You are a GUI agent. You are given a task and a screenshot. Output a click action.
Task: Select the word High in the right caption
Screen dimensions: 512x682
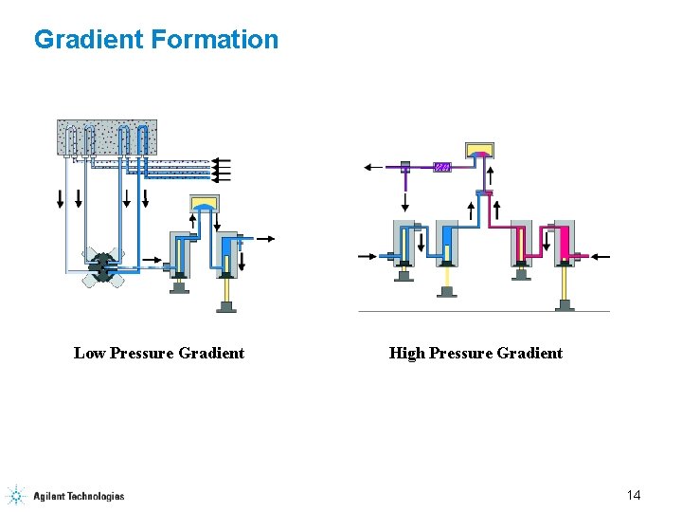pyautogui.click(x=406, y=353)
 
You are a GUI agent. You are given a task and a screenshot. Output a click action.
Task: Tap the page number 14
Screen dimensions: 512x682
pyautogui.click(x=634, y=495)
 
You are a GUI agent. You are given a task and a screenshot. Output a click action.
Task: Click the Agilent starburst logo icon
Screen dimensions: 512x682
pyautogui.click(x=16, y=495)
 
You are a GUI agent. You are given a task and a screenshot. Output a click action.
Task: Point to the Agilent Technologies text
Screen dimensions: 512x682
pyautogui.click(x=79, y=496)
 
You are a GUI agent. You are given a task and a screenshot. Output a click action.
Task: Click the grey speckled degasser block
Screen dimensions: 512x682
pyautogui.click(x=107, y=137)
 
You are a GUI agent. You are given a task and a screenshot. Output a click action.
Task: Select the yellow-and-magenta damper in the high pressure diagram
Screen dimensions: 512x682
pyautogui.click(x=480, y=150)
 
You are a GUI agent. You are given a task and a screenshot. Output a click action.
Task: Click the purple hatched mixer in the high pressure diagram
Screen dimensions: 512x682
pyautogui.click(x=441, y=168)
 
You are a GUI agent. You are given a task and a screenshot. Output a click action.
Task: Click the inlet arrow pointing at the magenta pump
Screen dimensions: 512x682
pyautogui.click(x=600, y=256)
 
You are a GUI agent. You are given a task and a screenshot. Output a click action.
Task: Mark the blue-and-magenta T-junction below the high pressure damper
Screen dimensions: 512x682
pyautogui.click(x=485, y=193)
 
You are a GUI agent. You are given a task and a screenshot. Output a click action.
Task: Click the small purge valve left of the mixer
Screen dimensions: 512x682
pyautogui.click(x=405, y=167)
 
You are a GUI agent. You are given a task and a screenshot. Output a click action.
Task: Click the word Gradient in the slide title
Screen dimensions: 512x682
pyautogui.click(x=88, y=40)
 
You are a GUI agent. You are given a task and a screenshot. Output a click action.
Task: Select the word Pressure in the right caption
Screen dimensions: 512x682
pyautogui.click(x=465, y=353)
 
